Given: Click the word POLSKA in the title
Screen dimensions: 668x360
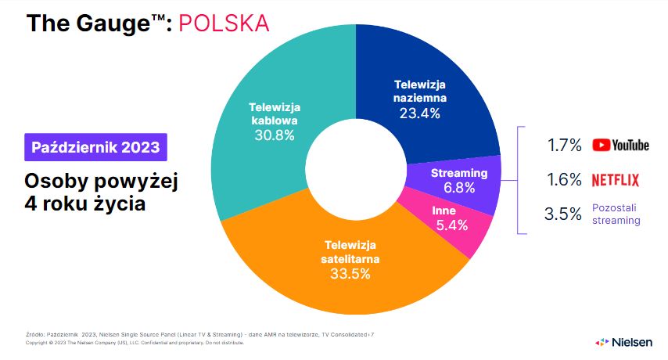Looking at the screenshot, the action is click(x=224, y=23).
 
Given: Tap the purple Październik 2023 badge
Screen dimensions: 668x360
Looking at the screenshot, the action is click(x=96, y=147).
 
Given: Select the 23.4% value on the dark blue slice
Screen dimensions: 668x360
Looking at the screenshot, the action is click(x=419, y=113).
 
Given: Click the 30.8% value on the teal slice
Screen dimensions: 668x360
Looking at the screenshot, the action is click(x=275, y=135).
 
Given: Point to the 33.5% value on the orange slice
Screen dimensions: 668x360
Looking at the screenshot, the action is click(x=350, y=273).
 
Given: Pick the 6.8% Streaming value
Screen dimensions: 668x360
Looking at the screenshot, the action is click(x=459, y=188).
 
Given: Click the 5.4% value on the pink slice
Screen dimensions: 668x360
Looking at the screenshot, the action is click(x=452, y=225).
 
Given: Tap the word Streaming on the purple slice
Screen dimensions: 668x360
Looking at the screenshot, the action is click(x=459, y=173).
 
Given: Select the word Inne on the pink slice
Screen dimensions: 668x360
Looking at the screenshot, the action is click(x=444, y=211).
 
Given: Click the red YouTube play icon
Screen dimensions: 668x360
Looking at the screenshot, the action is click(x=601, y=146).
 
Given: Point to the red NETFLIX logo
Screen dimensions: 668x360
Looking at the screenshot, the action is click(x=616, y=180).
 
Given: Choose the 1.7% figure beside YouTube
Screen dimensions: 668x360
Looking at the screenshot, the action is click(x=565, y=146).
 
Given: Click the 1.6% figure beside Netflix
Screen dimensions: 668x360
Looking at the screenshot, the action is click(x=565, y=180).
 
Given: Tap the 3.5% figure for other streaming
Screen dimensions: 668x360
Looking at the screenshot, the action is click(x=562, y=214).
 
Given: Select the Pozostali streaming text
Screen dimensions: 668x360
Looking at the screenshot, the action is click(x=616, y=214).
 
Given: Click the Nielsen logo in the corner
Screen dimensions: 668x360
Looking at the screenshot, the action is click(x=623, y=342).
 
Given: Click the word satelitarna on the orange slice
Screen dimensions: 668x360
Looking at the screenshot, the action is click(x=350, y=259).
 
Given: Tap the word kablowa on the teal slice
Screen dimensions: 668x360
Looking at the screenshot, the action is click(x=275, y=121).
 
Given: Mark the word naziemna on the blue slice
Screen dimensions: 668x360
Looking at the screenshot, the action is click(x=419, y=98).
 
